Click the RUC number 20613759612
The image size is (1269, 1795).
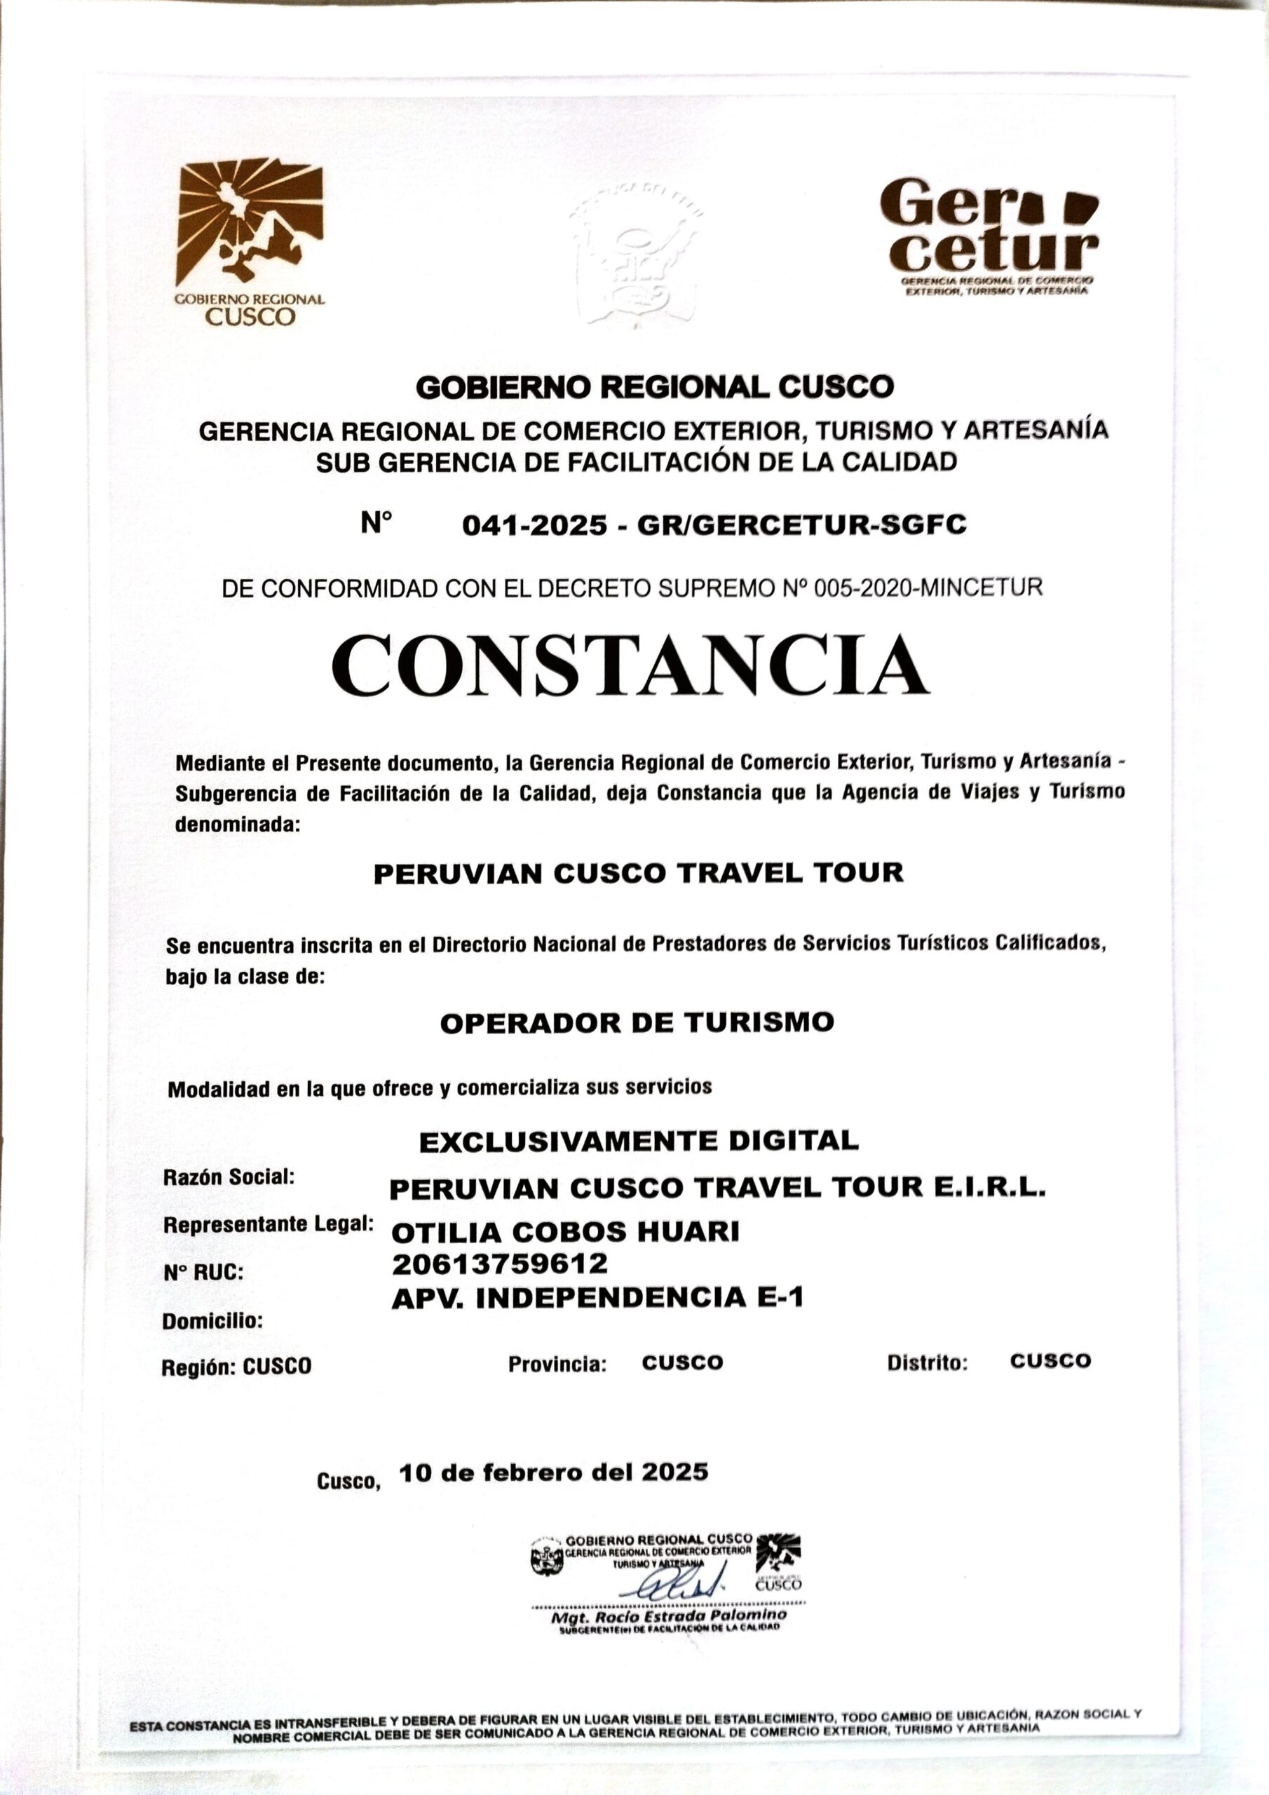500,1264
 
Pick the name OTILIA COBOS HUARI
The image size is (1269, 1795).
564,1232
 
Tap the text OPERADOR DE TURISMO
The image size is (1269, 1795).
637,1022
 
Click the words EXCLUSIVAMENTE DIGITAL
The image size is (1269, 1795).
639,1142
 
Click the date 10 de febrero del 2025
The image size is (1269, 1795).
554,1472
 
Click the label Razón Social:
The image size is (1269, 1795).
229,1177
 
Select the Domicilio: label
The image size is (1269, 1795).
212,1321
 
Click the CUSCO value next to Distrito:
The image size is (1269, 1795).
1050,1361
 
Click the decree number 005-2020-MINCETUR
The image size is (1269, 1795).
928,588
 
